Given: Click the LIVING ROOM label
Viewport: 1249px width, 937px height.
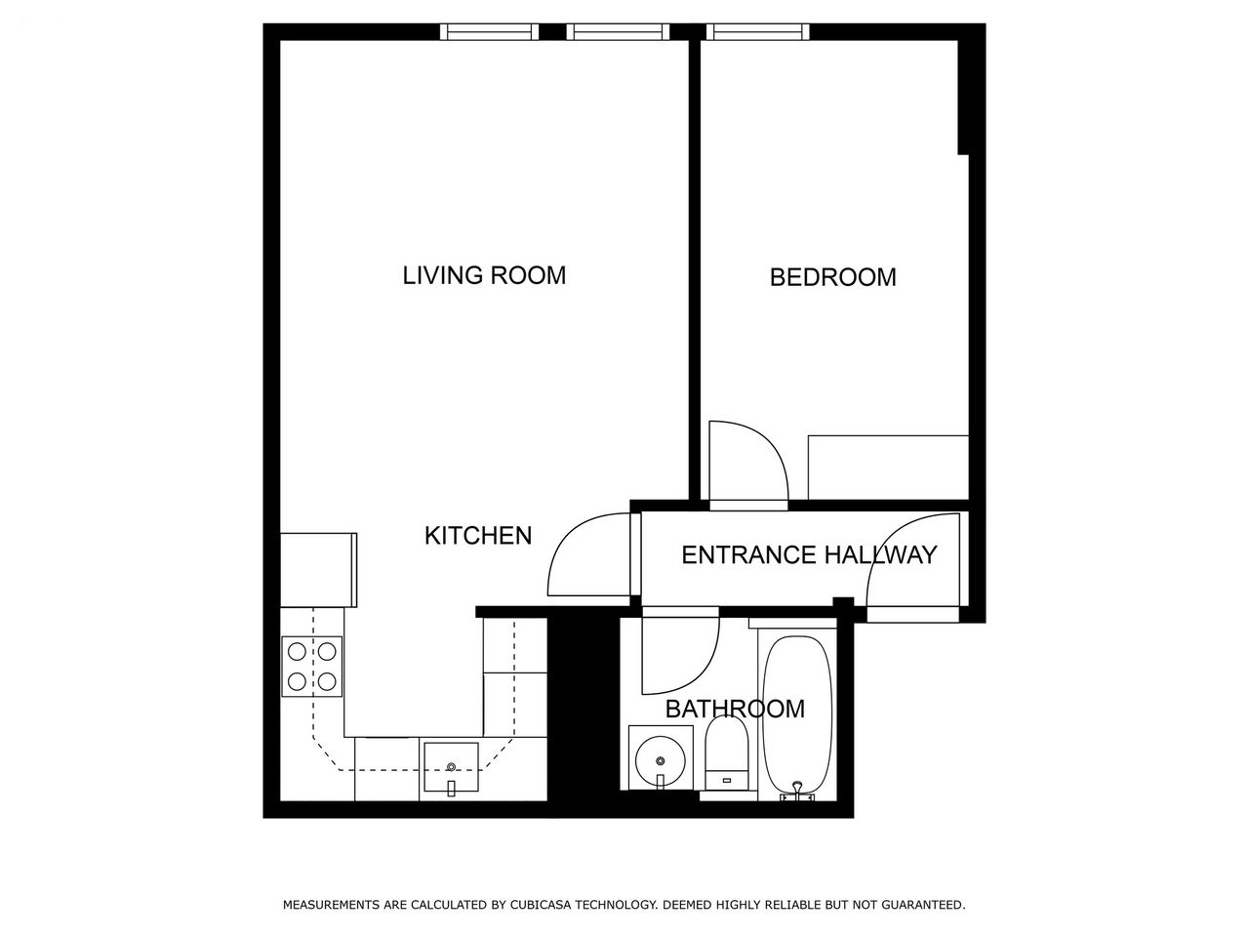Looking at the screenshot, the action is point(484,275).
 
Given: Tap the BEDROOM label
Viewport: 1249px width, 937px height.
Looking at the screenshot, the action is point(833,277).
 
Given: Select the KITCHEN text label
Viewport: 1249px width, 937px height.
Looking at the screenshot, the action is point(478,535).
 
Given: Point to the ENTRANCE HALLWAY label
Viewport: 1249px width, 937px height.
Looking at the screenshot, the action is point(809,554).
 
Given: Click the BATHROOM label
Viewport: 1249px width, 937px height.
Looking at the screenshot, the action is point(735,709).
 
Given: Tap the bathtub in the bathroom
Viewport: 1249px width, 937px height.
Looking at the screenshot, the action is point(796,714).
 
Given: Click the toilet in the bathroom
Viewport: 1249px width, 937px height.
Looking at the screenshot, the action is point(726,753).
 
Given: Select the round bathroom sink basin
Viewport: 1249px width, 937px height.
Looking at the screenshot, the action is point(661,760).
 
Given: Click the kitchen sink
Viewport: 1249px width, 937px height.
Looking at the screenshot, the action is point(451,767).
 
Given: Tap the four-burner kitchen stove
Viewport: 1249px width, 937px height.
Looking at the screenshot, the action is point(312,667).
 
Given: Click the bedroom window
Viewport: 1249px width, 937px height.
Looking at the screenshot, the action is point(758,32).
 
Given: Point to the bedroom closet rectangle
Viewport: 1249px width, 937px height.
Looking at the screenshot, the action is point(888,468).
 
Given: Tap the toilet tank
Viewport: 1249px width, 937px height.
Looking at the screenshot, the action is point(726,780).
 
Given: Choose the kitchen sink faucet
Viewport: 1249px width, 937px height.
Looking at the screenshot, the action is point(451,788).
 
